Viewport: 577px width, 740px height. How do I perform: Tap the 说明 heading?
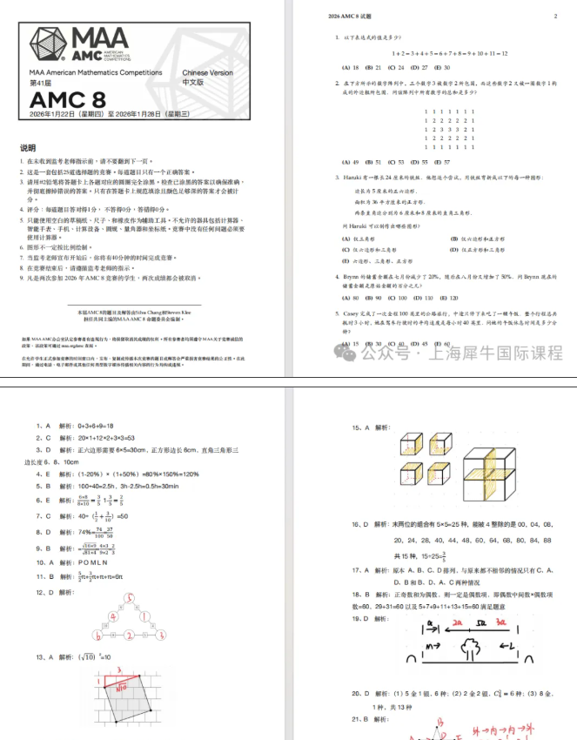pos(28,148)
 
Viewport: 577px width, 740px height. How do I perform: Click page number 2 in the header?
pos(555,17)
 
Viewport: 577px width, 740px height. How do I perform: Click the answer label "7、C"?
pos(43,515)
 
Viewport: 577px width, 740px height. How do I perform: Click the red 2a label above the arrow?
pos(459,623)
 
